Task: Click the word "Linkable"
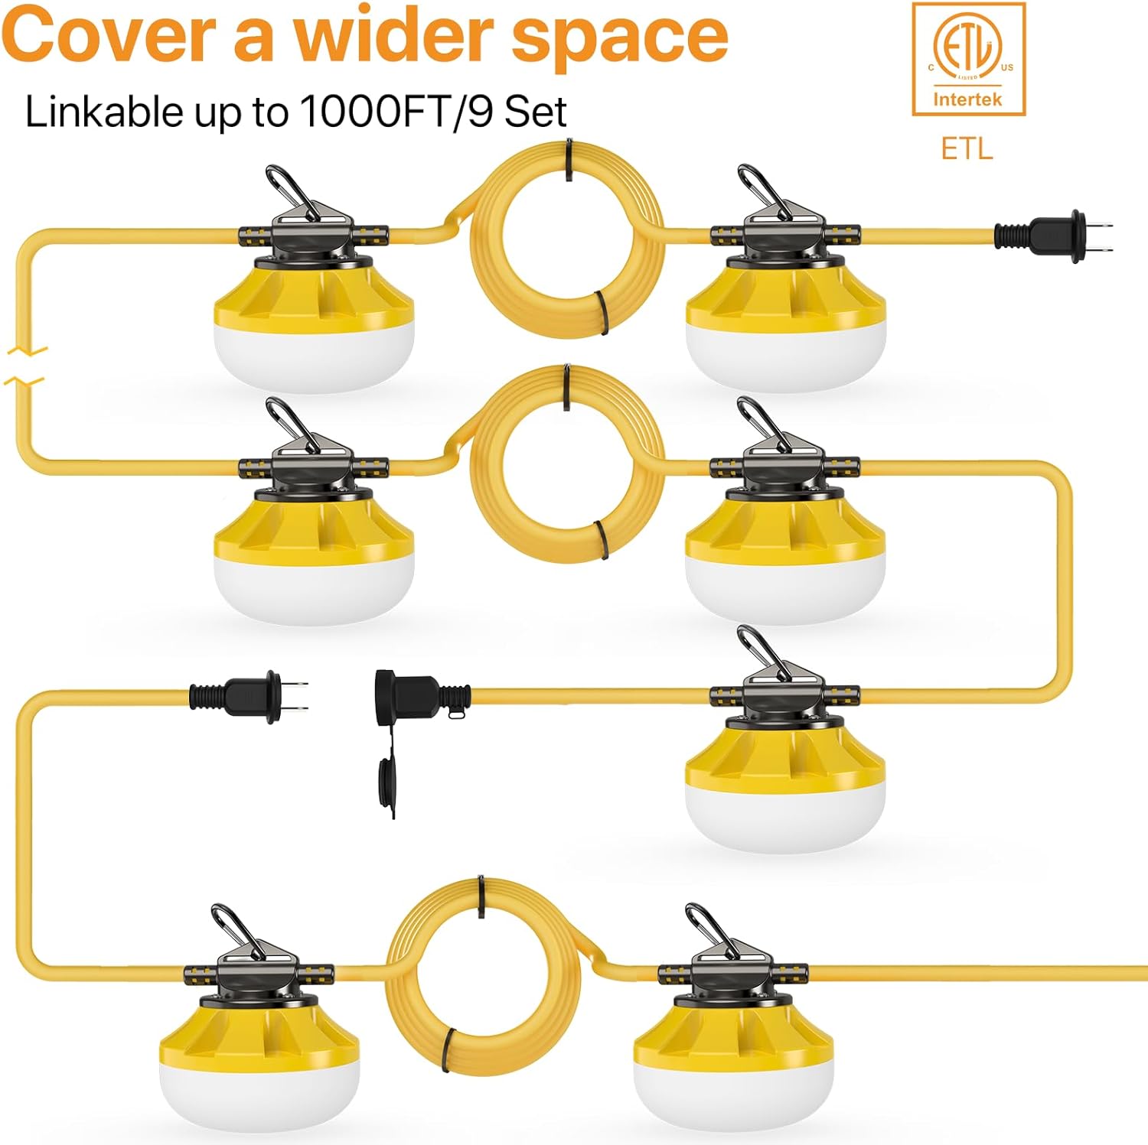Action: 104,112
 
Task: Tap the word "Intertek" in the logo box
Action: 967,99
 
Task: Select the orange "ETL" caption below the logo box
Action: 967,148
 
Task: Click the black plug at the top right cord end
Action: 1054,235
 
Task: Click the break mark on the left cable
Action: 26,366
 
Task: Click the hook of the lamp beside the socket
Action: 762,652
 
